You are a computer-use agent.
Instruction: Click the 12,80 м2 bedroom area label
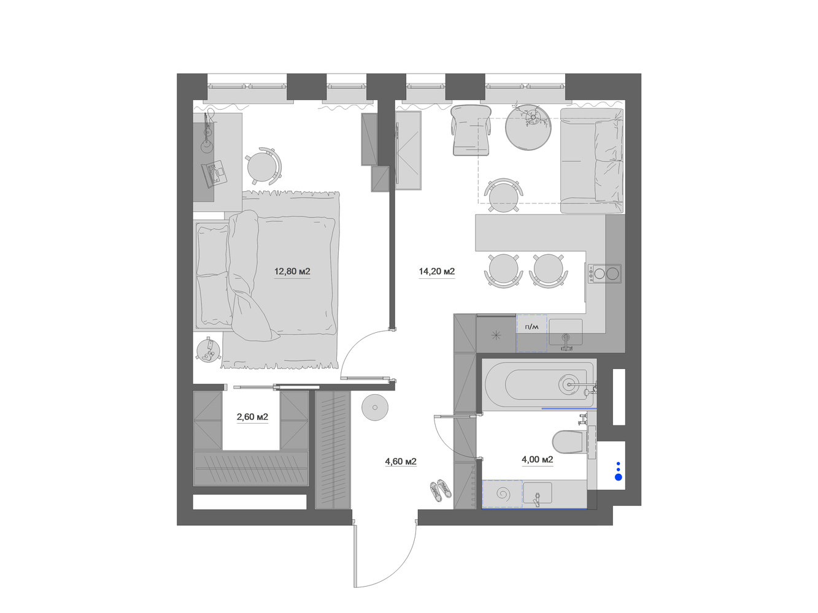292,272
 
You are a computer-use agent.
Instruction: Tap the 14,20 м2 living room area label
437,272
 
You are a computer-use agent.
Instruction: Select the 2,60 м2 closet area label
252,417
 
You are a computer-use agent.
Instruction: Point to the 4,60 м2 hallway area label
401,462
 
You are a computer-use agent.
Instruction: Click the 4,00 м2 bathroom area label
537,459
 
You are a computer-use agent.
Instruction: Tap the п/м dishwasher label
531,327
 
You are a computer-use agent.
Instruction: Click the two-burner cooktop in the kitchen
605,273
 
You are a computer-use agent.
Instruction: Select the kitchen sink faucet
566,341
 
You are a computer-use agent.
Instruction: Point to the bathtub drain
569,383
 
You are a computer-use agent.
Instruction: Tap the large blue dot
619,477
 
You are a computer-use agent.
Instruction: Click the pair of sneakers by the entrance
441,490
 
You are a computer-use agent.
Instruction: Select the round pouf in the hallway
375,407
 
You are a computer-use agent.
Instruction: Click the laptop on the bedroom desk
214,172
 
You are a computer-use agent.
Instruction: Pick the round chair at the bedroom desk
263,166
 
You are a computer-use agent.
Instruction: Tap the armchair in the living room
471,130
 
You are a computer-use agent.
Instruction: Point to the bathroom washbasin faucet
538,498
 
